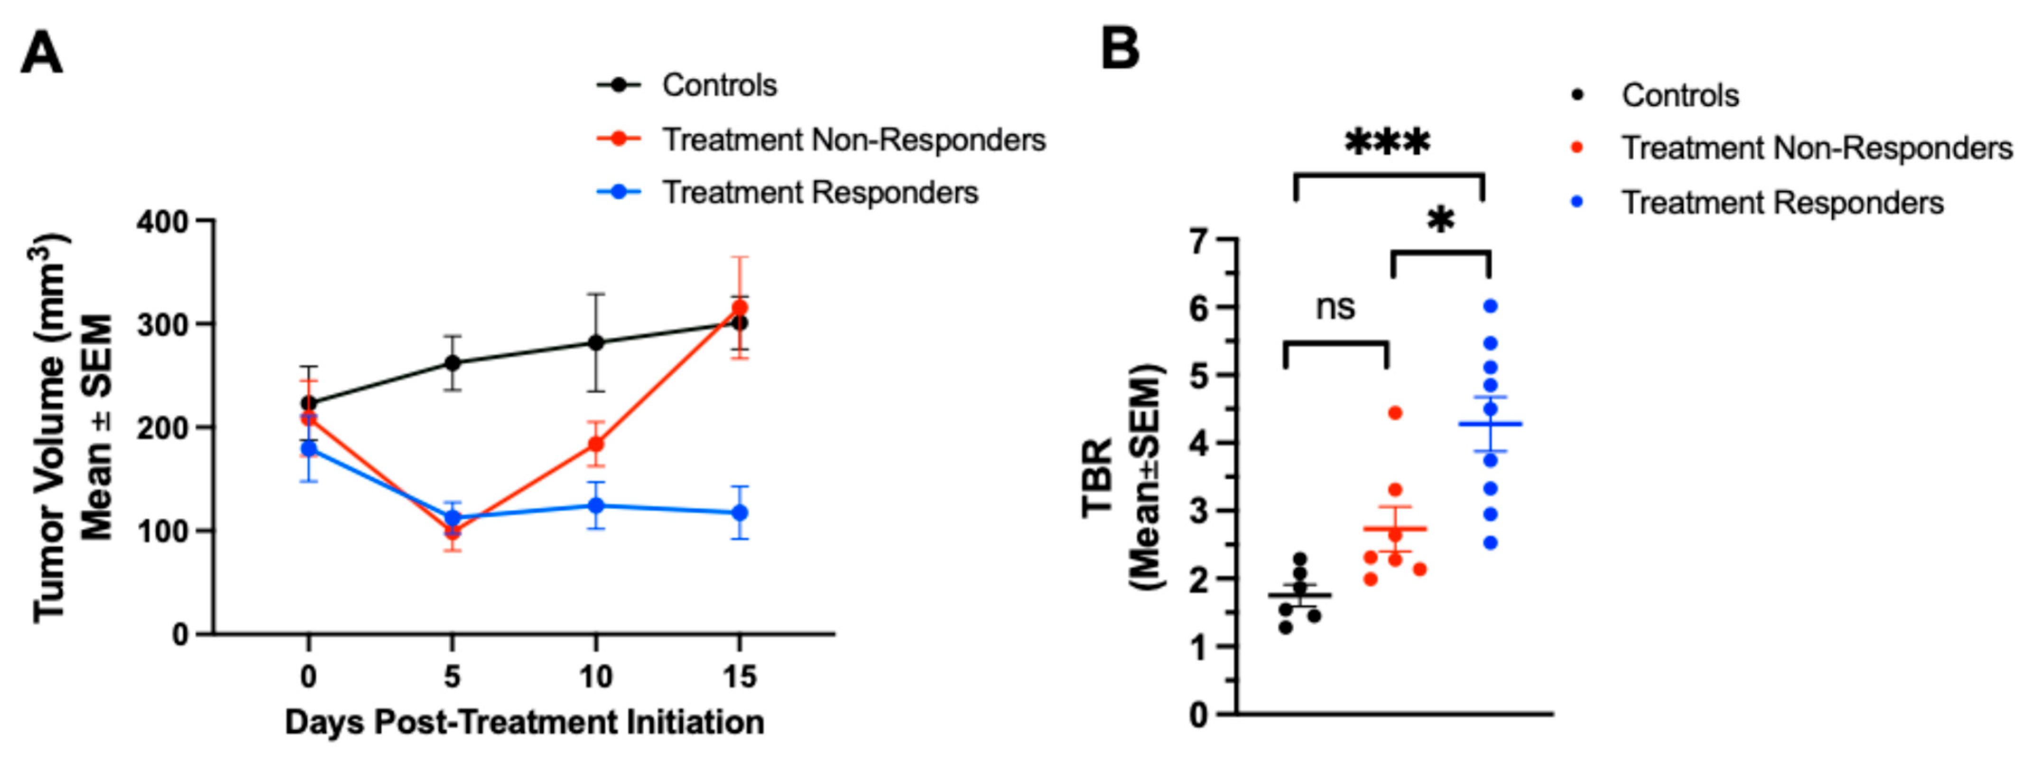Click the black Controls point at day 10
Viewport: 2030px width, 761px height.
coord(596,343)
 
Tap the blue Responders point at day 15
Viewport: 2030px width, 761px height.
coord(739,513)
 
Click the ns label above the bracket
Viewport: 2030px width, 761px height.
coord(1335,307)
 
